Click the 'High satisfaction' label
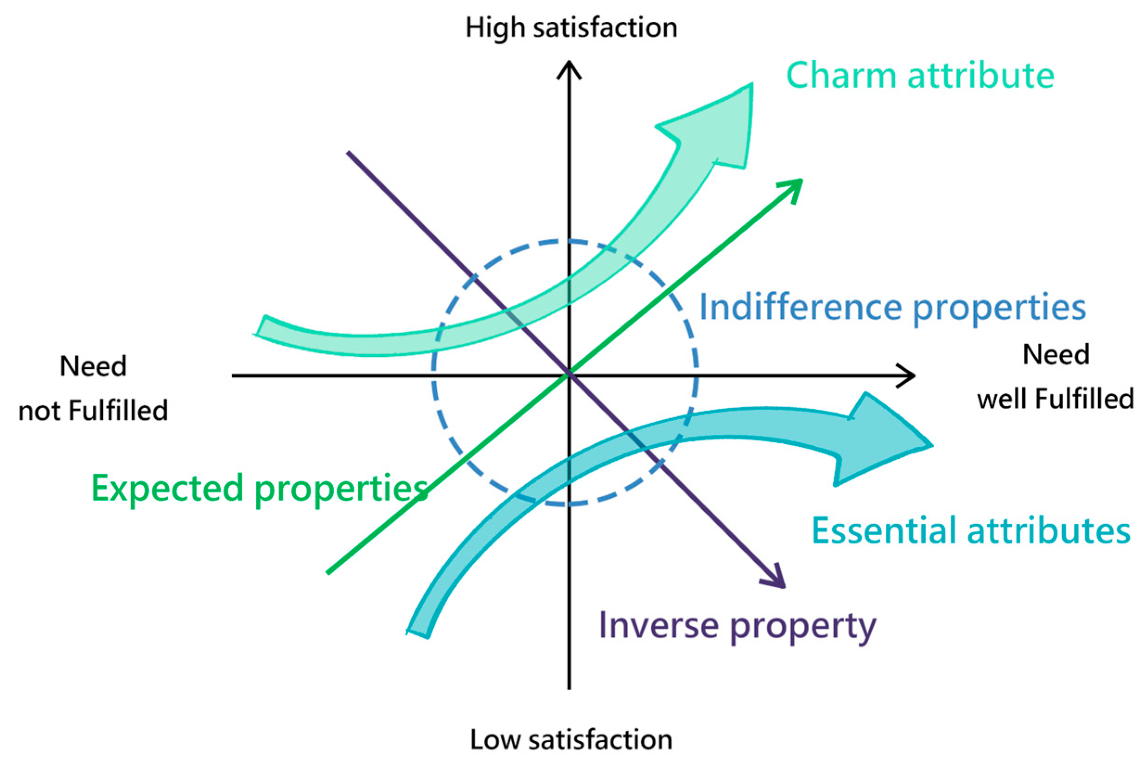(x=571, y=28)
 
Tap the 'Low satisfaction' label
(x=571, y=739)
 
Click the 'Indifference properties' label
(x=893, y=308)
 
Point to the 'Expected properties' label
(x=259, y=489)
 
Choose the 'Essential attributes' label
(x=971, y=531)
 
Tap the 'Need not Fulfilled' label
(x=93, y=388)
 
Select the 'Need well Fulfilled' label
(x=1056, y=377)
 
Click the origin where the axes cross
(x=569, y=375)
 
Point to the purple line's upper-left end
(x=349, y=153)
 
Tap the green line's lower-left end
(x=328, y=573)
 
